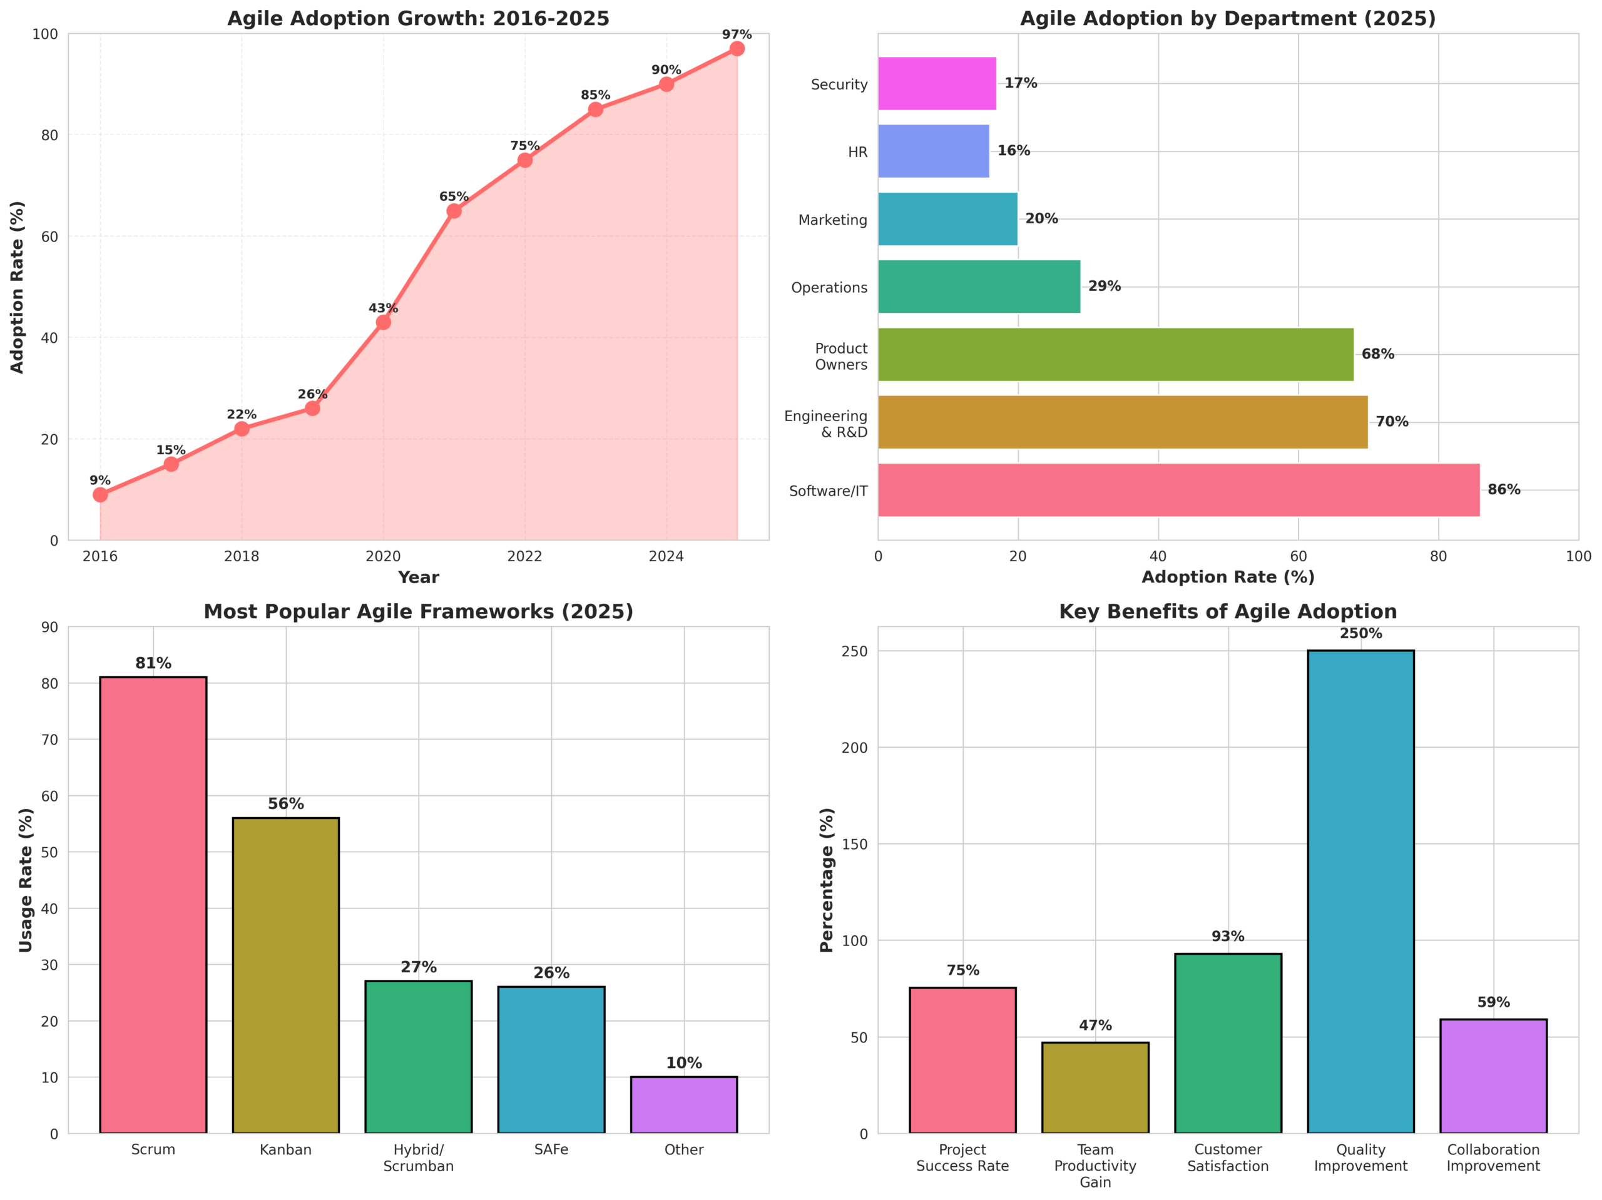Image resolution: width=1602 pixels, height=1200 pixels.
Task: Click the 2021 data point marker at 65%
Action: tap(453, 211)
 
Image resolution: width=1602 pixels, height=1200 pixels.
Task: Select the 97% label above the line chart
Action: tap(737, 35)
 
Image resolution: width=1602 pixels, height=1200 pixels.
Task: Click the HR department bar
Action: tap(933, 151)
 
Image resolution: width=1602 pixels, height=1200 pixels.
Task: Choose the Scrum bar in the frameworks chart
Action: tap(153, 905)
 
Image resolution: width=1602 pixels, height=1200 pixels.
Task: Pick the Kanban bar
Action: tap(285, 975)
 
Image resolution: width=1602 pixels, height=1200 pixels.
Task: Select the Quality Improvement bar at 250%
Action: tap(1360, 892)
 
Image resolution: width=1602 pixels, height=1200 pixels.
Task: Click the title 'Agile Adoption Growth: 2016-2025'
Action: tap(419, 19)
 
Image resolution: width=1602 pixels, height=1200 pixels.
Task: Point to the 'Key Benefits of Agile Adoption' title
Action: tap(1228, 612)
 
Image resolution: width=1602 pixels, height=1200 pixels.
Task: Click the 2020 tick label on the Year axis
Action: tap(383, 556)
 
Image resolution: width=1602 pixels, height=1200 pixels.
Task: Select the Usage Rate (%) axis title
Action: tap(26, 880)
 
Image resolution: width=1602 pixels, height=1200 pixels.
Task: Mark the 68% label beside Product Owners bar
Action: tap(1377, 354)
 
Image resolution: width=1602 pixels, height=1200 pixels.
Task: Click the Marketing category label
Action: tap(832, 220)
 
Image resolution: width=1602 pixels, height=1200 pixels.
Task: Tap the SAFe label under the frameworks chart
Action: tap(551, 1150)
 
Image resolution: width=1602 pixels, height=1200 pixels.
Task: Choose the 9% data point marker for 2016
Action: tap(101, 495)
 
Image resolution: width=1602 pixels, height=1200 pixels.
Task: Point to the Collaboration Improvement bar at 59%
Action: tap(1492, 1076)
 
